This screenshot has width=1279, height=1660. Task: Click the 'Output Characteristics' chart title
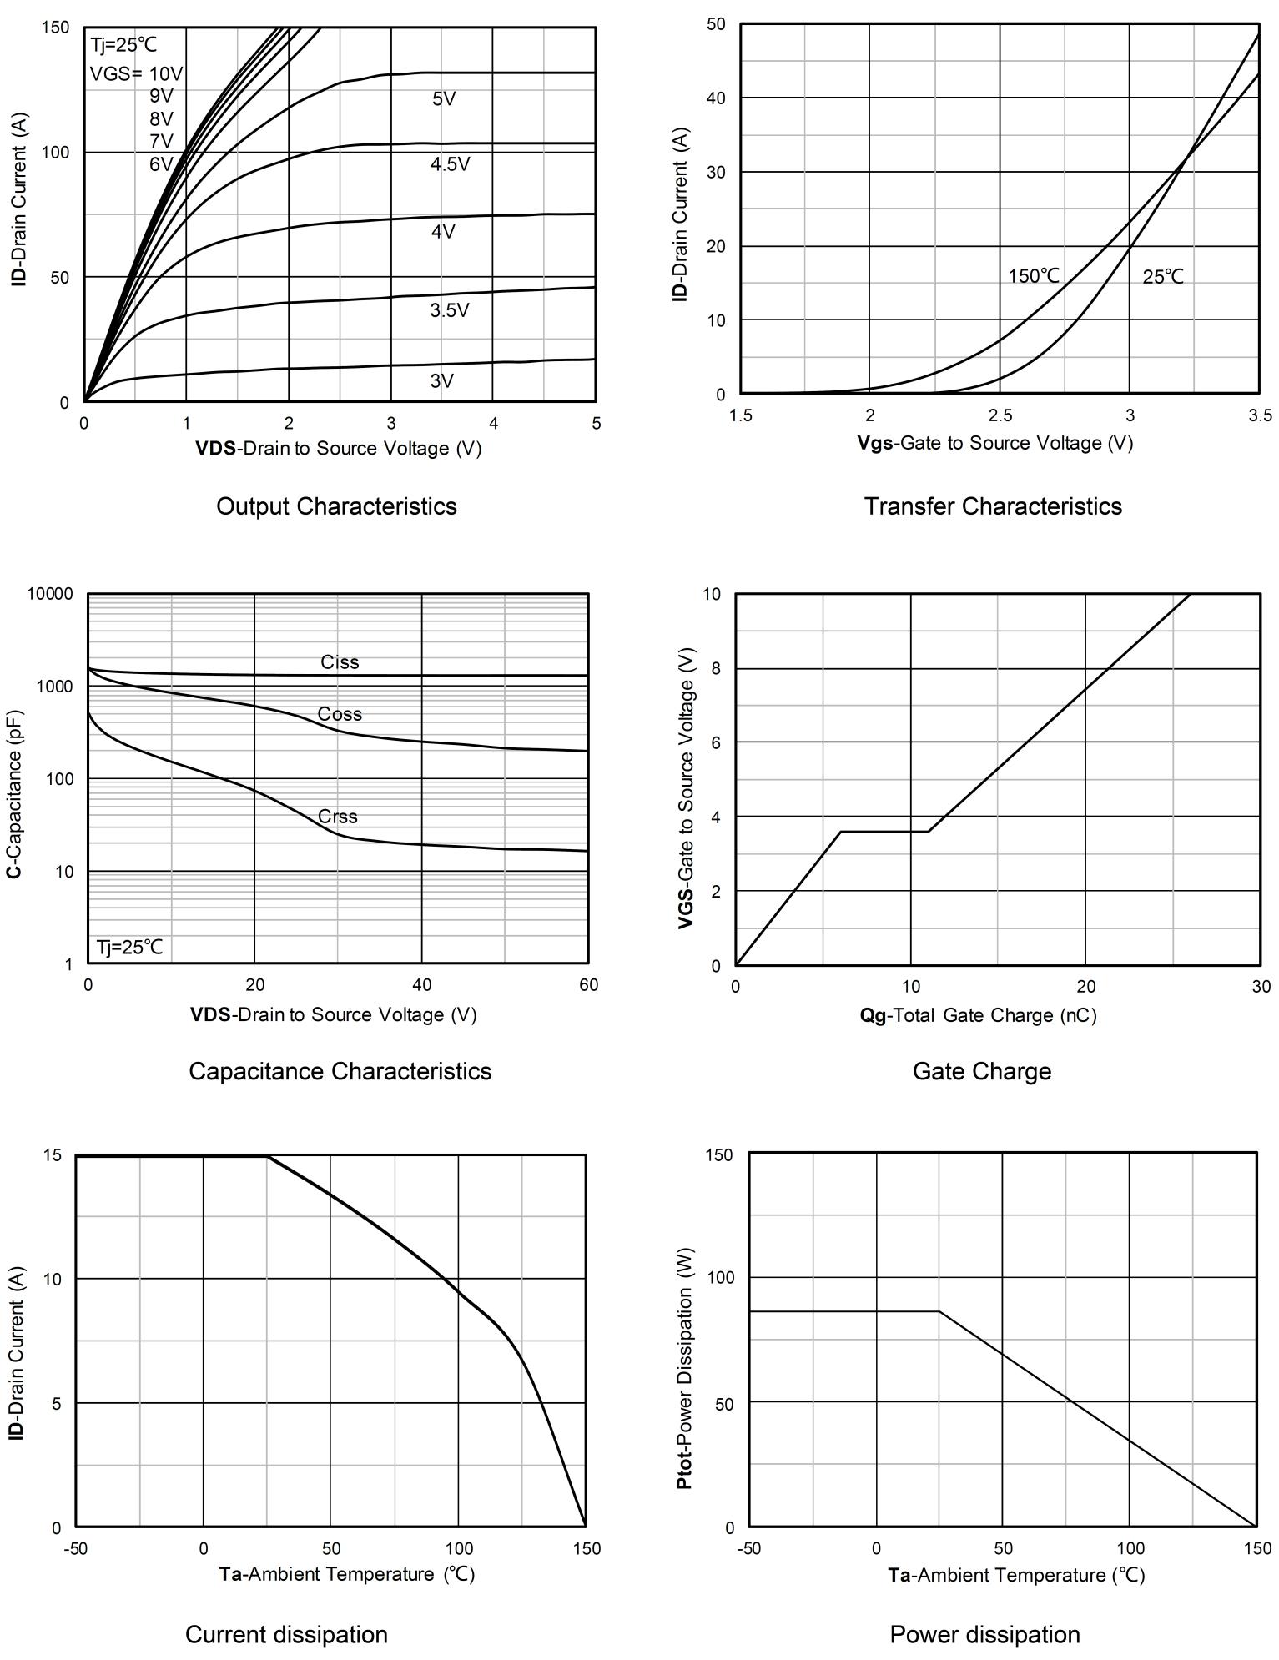tap(336, 506)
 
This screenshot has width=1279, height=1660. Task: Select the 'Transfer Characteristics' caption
tap(993, 506)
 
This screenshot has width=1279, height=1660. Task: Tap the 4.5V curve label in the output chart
tap(450, 164)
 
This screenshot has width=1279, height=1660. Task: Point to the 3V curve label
tap(441, 381)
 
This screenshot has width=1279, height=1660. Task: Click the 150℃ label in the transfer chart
tap(1033, 276)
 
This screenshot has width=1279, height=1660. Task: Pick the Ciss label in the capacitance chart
tap(340, 662)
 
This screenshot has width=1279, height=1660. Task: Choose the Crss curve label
tap(337, 817)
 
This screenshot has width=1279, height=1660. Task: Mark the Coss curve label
tap(340, 714)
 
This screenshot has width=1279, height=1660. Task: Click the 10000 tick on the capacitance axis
tap(50, 594)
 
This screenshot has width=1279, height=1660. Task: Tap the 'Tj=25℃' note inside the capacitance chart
tap(130, 947)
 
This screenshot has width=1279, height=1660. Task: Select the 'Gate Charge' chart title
tap(981, 1071)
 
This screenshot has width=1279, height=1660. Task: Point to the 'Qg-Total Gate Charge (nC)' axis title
tap(978, 1015)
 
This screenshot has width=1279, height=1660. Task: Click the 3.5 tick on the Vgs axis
tap(1260, 415)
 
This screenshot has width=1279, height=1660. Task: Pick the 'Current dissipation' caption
tap(286, 1634)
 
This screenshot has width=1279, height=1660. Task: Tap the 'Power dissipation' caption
tap(984, 1634)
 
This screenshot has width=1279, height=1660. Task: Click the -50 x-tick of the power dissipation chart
tap(748, 1548)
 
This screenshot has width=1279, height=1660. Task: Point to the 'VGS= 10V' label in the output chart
tap(136, 73)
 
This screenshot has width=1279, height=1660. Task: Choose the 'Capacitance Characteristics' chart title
tap(340, 1071)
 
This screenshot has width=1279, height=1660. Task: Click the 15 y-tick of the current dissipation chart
tap(52, 1154)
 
